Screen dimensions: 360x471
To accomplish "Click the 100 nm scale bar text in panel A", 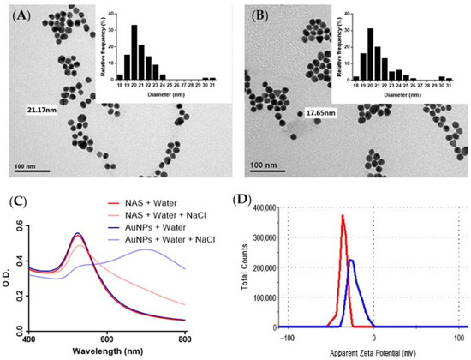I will pyautogui.click(x=22, y=161).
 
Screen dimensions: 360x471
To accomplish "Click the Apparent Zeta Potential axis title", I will pyautogui.click(x=361, y=351).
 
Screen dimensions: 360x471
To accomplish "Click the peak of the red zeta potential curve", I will pyautogui.click(x=343, y=216).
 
